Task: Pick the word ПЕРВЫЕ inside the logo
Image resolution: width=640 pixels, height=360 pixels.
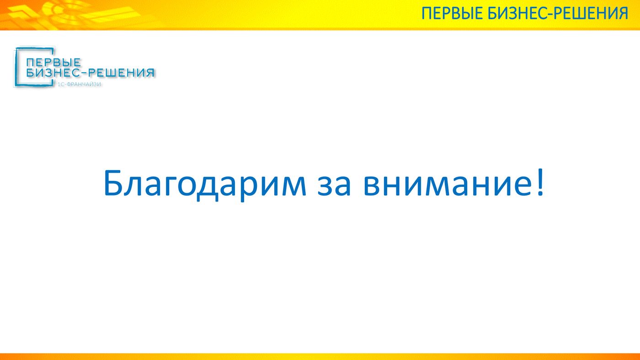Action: pyautogui.click(x=53, y=62)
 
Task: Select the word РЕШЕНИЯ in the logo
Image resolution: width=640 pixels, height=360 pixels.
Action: pyautogui.click(x=122, y=73)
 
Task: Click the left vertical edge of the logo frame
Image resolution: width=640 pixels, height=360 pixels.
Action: pyautogui.click(x=16, y=67)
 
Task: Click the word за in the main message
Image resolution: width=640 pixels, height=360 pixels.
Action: pyautogui.click(x=334, y=186)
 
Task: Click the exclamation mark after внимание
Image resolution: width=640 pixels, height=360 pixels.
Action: pyautogui.click(x=540, y=182)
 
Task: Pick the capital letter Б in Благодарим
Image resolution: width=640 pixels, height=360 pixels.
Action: pyautogui.click(x=114, y=183)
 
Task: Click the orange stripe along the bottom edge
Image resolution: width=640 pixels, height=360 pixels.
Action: pyautogui.click(x=320, y=357)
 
